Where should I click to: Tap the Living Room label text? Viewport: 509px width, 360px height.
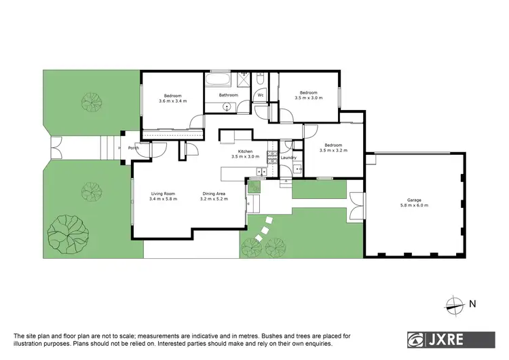pos(163,194)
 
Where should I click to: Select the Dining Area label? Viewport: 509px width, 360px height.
pos(214,194)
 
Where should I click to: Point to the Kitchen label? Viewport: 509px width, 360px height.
pos(245,151)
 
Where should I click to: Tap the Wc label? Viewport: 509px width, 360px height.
pos(260,95)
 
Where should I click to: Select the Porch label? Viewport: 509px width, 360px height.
pos(134,147)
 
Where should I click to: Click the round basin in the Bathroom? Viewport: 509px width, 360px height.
pos(227,106)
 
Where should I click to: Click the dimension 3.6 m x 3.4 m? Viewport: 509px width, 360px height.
pos(172,101)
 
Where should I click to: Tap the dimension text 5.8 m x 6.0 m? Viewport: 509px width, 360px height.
pos(413,205)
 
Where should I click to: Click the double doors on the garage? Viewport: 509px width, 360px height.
pos(357,204)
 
